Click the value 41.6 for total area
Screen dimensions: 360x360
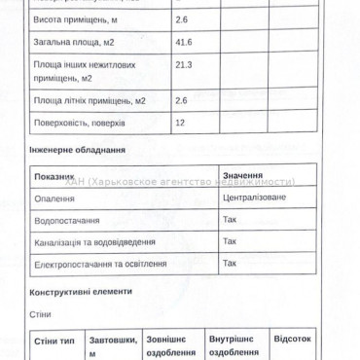point(184,41)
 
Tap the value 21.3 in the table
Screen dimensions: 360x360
point(184,64)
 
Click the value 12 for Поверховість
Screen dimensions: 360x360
point(181,123)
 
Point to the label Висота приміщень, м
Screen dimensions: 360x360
point(77,19)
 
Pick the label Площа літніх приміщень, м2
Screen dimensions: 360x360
point(89,100)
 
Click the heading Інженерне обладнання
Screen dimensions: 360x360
point(78,151)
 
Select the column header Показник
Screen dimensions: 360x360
point(54,177)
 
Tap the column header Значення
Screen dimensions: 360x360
point(243,174)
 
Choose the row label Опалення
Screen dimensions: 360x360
point(54,198)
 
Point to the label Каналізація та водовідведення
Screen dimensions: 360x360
point(94,242)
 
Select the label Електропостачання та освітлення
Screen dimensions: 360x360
point(99,264)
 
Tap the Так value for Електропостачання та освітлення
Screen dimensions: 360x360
point(230,263)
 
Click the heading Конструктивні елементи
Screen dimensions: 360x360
point(79,292)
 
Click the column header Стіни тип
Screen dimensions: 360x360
point(54,342)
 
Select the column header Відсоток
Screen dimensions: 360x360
point(293,340)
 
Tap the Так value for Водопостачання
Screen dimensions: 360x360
point(230,219)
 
